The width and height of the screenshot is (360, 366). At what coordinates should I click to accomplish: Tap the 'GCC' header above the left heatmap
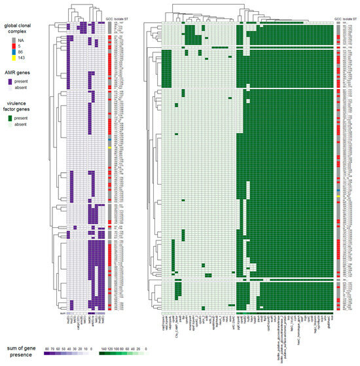[x=109, y=20]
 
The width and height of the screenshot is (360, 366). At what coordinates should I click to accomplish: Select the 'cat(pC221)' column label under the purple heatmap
[x=77, y=325]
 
